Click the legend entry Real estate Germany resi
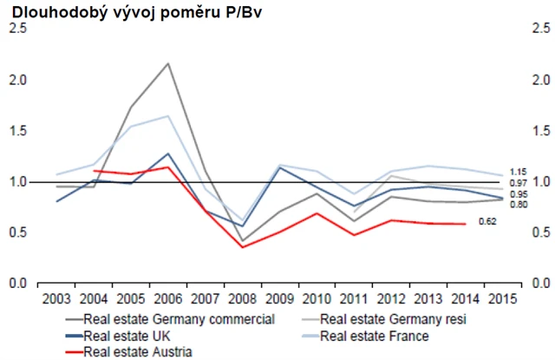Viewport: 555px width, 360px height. click(394, 318)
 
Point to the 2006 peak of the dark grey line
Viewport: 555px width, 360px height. click(167, 63)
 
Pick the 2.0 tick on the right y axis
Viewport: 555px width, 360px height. click(540, 80)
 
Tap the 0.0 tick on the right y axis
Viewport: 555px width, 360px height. click(540, 284)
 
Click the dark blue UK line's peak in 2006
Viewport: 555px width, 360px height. click(167, 154)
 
